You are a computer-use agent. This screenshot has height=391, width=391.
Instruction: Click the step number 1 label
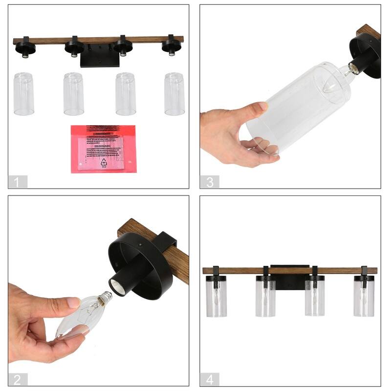pos(18,182)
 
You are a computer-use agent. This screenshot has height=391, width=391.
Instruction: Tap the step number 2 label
pos(18,379)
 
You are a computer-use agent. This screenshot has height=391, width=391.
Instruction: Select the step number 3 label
pos(210,182)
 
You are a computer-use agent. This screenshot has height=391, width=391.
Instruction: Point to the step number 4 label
pos(210,379)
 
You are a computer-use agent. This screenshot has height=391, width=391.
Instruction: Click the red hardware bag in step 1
pos(104,149)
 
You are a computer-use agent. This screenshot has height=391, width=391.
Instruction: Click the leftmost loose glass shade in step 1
pos(23,94)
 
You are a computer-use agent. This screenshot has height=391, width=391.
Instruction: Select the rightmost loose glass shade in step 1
pos(174,94)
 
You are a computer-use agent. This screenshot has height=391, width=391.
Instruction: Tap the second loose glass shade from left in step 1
pos(73,94)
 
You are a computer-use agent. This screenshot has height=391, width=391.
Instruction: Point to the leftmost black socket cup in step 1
pos(23,47)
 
